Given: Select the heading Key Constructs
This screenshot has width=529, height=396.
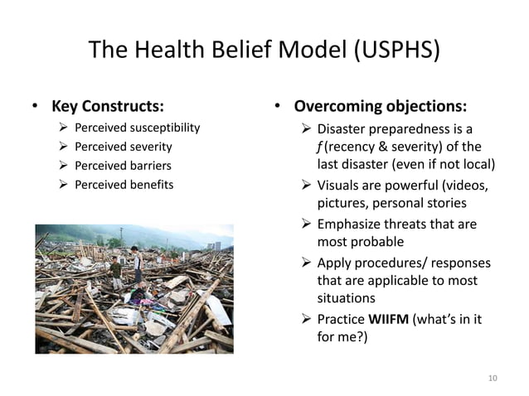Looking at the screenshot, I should tap(108, 107).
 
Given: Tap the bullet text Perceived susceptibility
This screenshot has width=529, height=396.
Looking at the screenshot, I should tap(137, 128).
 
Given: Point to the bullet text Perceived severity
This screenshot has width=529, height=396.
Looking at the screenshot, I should tap(123, 147).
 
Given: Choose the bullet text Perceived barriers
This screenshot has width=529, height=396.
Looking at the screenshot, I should tap(123, 165).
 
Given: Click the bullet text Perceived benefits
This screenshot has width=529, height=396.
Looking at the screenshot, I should tap(124, 183).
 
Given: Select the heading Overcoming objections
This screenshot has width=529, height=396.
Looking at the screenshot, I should tap(381, 107).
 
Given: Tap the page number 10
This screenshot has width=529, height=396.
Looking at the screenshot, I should tap(493, 379).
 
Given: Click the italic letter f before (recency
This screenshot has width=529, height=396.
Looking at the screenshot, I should tap(320, 147).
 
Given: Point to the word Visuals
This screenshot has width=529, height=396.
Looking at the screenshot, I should tap(341, 185).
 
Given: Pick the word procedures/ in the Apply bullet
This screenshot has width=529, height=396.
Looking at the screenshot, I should tap(392, 263).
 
